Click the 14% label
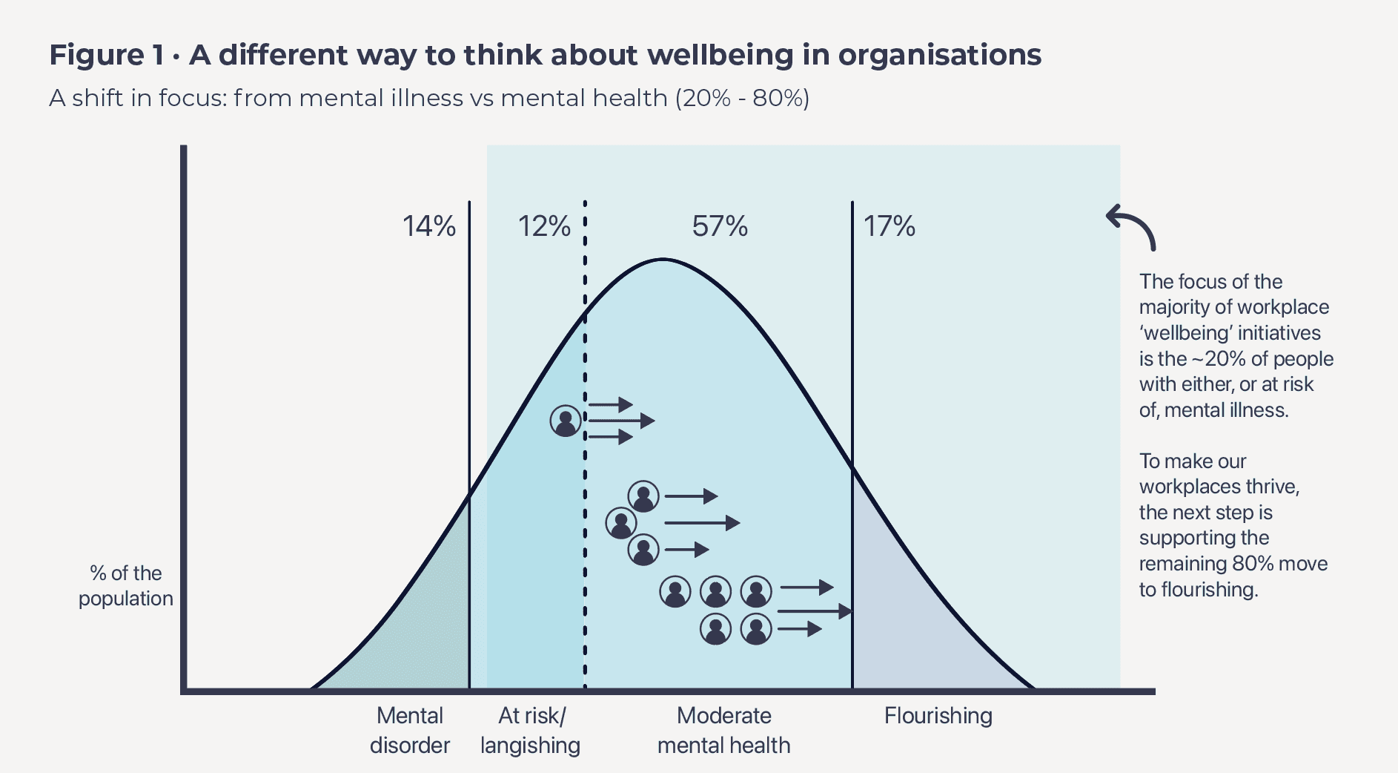click(429, 226)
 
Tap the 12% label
click(544, 226)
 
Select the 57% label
click(720, 226)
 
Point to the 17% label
click(890, 226)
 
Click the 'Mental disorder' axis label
click(410, 730)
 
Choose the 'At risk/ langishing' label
click(530, 730)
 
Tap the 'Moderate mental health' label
click(724, 730)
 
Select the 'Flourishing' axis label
click(938, 716)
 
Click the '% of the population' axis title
click(126, 585)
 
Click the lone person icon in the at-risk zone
click(566, 421)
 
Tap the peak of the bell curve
click(663, 259)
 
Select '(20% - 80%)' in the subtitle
click(742, 98)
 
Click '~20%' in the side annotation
click(1218, 359)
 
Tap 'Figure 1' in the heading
click(107, 55)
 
